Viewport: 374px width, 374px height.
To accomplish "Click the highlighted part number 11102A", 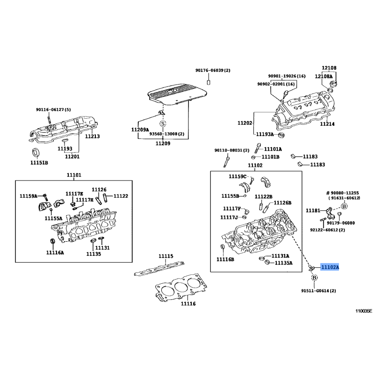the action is pyautogui.click(x=330, y=267).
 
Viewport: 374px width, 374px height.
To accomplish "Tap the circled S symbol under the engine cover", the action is pyautogui.click(x=163, y=123).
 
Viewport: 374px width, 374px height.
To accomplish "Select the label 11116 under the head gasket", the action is pyautogui.click(x=188, y=303).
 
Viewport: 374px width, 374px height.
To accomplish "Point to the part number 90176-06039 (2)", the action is pyautogui.click(x=213, y=71).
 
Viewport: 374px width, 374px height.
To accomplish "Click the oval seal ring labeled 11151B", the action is pyautogui.click(x=36, y=153).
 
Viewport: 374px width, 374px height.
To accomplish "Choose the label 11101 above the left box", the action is pyautogui.click(x=74, y=175).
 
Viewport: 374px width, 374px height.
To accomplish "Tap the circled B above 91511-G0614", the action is pyautogui.click(x=314, y=278).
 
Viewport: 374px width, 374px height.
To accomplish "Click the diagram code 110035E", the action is pyautogui.click(x=364, y=311).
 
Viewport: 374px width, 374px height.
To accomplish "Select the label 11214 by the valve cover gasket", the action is pyautogui.click(x=327, y=124).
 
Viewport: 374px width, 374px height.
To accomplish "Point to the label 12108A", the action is pyautogui.click(x=324, y=76).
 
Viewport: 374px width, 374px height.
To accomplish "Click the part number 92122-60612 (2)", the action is pyautogui.click(x=328, y=230).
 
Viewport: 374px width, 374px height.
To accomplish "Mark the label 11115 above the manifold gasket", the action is pyautogui.click(x=166, y=256).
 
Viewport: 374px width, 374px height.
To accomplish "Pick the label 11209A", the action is pyautogui.click(x=140, y=130).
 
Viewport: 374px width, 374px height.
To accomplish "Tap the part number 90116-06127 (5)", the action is pyautogui.click(x=53, y=110).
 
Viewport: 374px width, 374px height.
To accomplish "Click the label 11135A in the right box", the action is pyautogui.click(x=284, y=263).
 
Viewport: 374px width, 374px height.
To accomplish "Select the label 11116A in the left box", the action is pyautogui.click(x=55, y=252).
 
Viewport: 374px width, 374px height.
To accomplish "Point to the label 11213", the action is pyautogui.click(x=92, y=136).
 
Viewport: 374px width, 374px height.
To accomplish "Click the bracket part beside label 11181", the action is pyautogui.click(x=331, y=213).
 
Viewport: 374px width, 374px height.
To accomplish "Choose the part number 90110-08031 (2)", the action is pyautogui.click(x=232, y=150).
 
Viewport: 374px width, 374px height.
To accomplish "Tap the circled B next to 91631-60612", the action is pyautogui.click(x=344, y=206).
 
